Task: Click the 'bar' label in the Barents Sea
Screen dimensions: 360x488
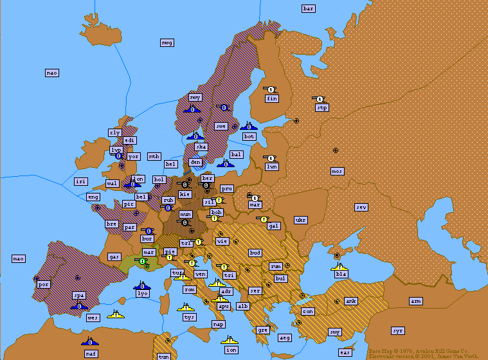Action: coord(309,8)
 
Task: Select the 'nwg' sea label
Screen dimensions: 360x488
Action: coord(167,42)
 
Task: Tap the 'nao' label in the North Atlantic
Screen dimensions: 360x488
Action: coord(52,73)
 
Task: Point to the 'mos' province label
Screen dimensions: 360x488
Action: coord(337,171)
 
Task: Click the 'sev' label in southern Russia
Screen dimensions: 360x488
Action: coord(361,207)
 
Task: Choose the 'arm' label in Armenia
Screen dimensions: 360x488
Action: coord(416,301)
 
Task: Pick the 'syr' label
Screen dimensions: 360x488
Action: coord(398,330)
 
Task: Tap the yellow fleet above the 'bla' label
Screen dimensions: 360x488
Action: coord(339,266)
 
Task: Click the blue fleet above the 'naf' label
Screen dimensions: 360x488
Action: coord(89,341)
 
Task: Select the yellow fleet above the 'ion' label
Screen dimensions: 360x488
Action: coord(230,339)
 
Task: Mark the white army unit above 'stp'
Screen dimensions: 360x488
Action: coord(320,98)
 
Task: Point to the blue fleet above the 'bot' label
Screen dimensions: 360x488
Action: coord(248,126)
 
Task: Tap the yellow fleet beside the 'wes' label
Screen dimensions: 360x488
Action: coord(116,314)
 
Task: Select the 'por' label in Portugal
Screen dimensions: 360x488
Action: coord(44,283)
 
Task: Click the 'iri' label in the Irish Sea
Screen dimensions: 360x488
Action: coord(80,182)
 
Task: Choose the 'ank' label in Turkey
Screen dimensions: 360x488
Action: coord(350,301)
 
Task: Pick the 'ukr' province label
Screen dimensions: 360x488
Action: coord(300,220)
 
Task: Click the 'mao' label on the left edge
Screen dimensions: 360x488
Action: coord(19,258)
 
